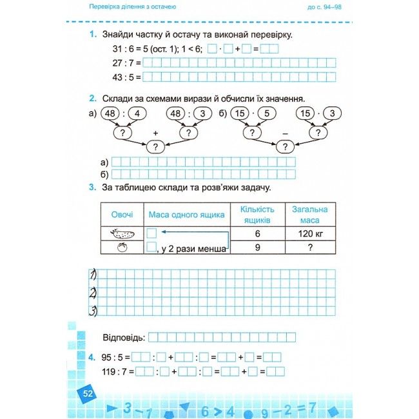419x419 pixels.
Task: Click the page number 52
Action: pyautogui.click(x=85, y=393)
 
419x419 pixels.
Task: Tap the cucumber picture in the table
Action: pyautogui.click(x=122, y=233)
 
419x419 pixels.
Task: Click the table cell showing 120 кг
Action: pyautogui.click(x=310, y=233)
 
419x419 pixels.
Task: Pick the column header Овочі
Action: pyautogui.click(x=122, y=214)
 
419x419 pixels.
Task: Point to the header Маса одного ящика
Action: pyautogui.click(x=187, y=214)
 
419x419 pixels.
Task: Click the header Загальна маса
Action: pyautogui.click(x=310, y=214)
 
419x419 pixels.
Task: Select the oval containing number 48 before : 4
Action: pyautogui.click(x=110, y=114)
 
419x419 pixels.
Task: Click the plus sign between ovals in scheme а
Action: pyautogui.click(x=155, y=133)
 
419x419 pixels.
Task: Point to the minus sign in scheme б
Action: pyautogui.click(x=284, y=133)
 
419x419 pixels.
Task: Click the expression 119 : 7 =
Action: pyautogui.click(x=117, y=371)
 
